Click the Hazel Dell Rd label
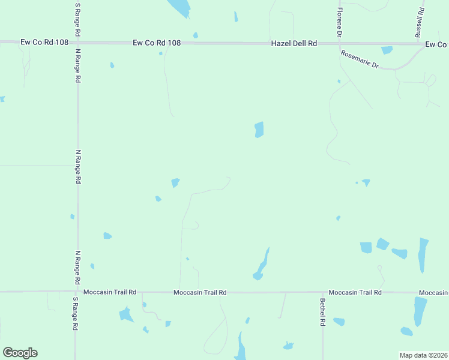tap(294, 43)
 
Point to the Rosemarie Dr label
tap(360, 59)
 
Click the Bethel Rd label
tap(322, 312)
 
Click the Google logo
tap(20, 353)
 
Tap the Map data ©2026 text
tap(423, 355)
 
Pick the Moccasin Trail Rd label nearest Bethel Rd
tap(355, 292)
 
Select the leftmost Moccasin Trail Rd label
tap(110, 292)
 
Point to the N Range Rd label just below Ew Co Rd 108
tap(78, 66)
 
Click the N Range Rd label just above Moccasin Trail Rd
tap(77, 267)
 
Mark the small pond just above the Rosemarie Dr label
tap(387, 50)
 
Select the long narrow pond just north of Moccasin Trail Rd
tap(262, 265)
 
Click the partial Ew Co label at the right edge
tap(436, 45)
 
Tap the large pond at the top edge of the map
tap(179, 7)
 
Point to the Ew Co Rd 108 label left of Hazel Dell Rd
tap(157, 43)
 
